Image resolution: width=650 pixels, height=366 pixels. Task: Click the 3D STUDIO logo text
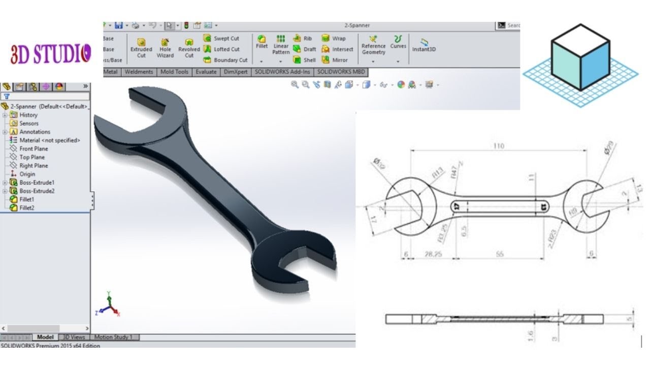click(51, 54)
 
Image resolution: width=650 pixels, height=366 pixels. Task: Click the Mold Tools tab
click(174, 72)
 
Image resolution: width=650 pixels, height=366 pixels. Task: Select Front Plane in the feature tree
click(34, 149)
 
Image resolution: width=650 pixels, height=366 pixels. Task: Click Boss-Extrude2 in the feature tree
click(37, 191)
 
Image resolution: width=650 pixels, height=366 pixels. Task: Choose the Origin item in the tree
click(27, 174)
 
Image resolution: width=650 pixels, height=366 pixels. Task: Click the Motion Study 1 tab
click(113, 337)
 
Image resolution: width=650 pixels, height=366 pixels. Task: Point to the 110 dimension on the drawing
click(498, 146)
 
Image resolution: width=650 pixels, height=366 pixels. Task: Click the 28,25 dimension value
click(433, 254)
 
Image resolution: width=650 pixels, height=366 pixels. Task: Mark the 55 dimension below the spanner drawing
click(499, 254)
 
